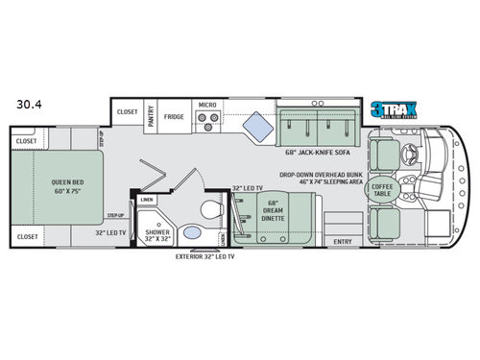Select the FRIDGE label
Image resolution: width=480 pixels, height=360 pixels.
coord(174,116)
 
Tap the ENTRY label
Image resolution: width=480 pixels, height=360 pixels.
coord(339,241)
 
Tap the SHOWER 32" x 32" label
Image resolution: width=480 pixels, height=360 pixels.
coord(157,235)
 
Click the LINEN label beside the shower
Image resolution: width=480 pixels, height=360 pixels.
coord(147,200)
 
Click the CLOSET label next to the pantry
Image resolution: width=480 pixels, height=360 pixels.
coord(127,111)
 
